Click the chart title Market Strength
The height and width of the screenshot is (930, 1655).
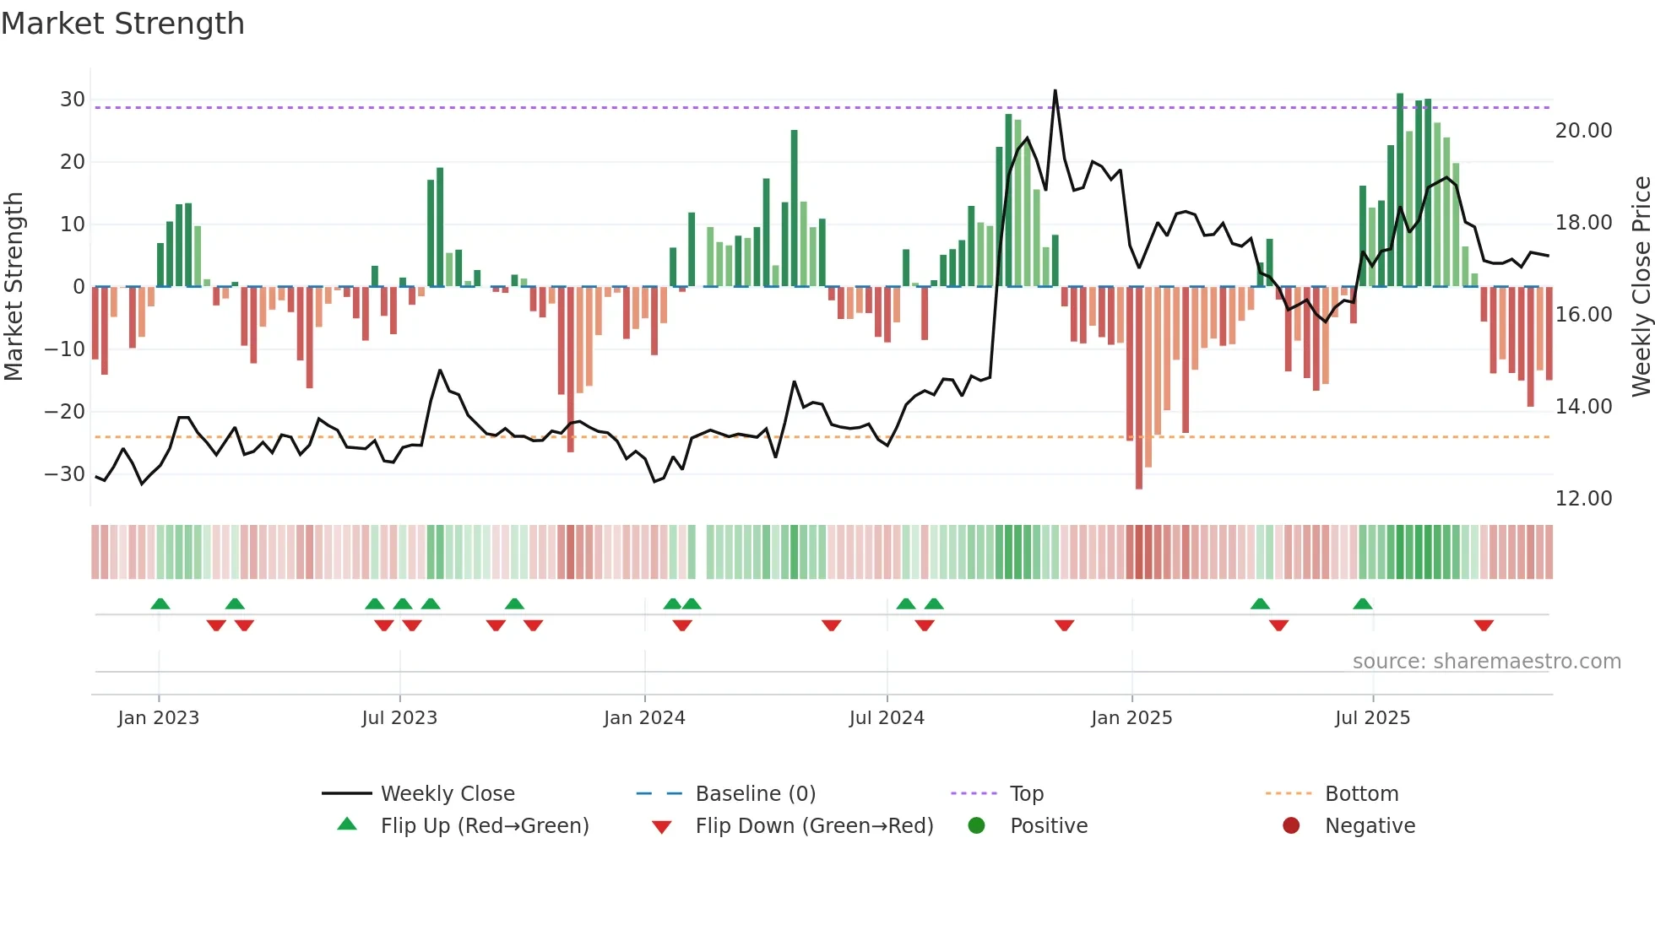[x=123, y=24]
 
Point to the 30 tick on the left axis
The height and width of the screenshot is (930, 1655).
[x=73, y=100]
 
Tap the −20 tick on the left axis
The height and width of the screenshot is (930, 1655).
[x=65, y=412]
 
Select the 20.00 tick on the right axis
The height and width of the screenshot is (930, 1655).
[x=1583, y=131]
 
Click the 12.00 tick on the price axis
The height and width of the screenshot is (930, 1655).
[x=1583, y=499]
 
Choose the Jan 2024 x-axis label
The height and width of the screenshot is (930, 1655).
[x=644, y=718]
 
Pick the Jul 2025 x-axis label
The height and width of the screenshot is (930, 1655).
[x=1372, y=718]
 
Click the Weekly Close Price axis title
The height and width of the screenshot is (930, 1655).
[x=1641, y=287]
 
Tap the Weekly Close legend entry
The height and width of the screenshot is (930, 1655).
[x=448, y=794]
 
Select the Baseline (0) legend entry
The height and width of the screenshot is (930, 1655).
[x=755, y=794]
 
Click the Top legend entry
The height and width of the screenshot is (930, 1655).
[x=1027, y=794]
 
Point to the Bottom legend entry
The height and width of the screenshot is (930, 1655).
[x=1361, y=794]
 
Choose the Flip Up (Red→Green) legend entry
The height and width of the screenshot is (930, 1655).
[x=485, y=826]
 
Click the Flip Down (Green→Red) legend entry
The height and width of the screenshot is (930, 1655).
[x=814, y=826]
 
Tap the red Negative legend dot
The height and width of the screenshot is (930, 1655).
[x=1291, y=826]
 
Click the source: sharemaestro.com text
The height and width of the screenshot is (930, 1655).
[x=1486, y=662]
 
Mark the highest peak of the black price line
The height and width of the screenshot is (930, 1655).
[x=1055, y=91]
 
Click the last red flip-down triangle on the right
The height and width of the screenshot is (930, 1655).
[x=1484, y=625]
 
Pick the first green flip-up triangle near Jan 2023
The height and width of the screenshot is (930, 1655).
[x=160, y=603]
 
